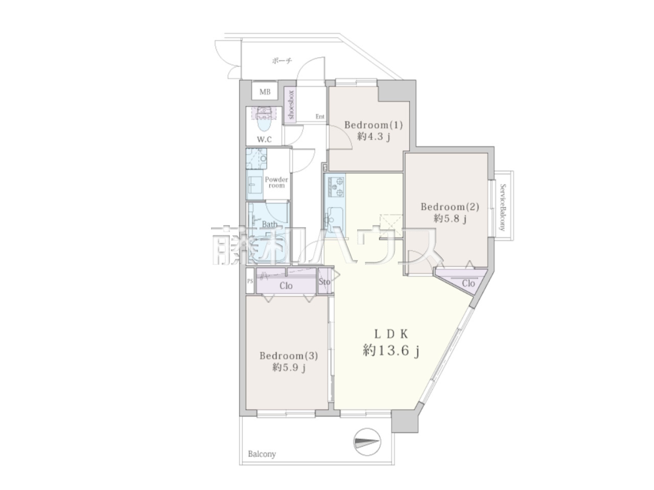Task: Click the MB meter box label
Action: click(265, 92)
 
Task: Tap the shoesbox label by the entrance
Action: click(291, 105)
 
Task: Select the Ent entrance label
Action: click(320, 116)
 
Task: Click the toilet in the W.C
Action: click(264, 119)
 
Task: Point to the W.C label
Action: click(264, 139)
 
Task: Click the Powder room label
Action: click(276, 182)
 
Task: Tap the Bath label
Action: click(269, 224)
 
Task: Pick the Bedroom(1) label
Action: click(373, 125)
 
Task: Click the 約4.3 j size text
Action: click(373, 137)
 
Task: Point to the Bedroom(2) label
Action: click(450, 207)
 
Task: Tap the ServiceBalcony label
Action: click(503, 207)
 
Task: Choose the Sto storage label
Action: click(324, 281)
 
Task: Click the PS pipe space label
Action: click(250, 281)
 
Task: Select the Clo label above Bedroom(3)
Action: click(286, 286)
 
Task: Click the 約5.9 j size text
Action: click(289, 368)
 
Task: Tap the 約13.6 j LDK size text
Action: click(391, 351)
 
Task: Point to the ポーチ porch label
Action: click(282, 61)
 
